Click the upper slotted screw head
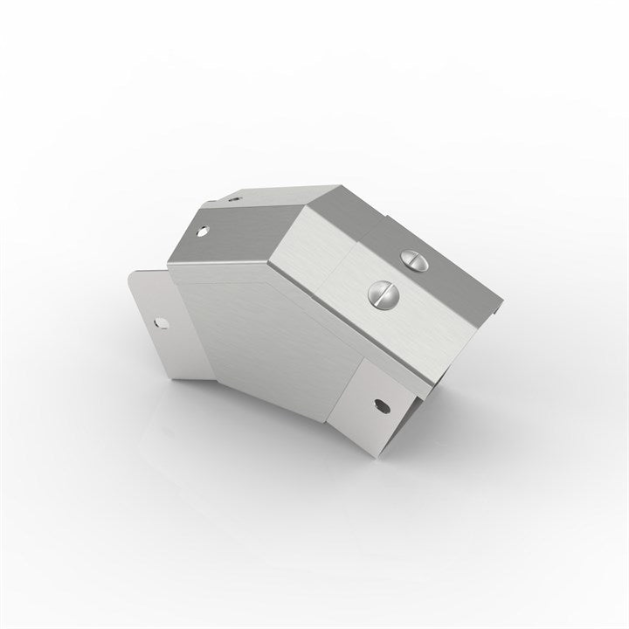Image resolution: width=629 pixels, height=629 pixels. point(414,259)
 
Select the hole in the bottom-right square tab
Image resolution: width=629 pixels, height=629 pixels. point(380,404)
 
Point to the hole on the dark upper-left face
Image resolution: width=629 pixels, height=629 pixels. point(203,233)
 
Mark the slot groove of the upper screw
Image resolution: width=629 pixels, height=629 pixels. point(414,258)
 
